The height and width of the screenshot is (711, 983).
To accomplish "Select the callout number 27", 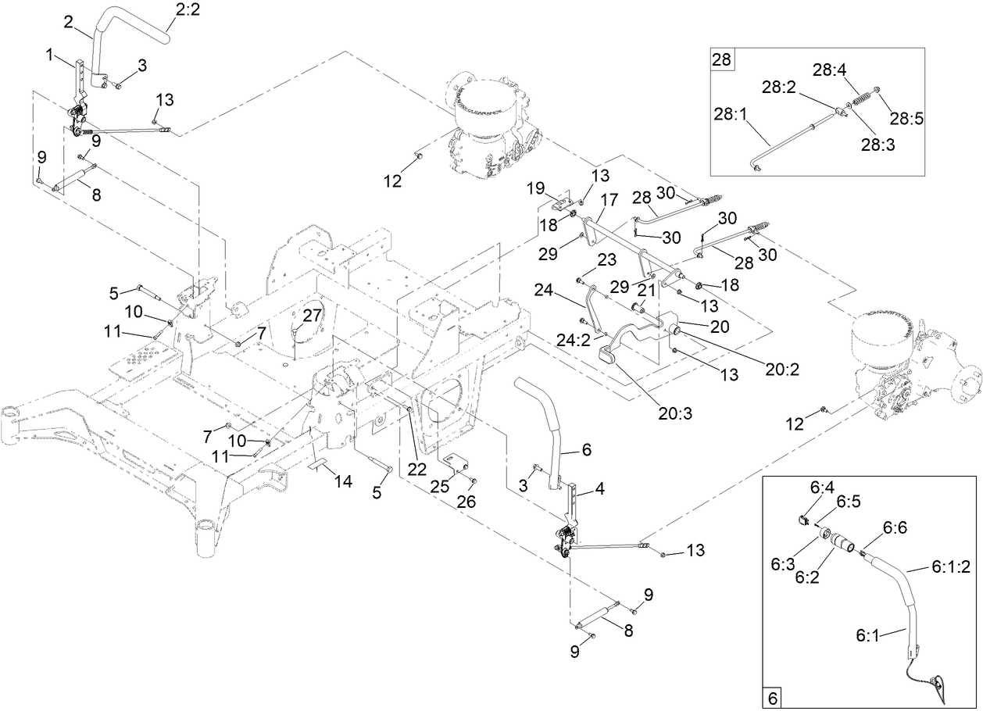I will click(313, 315).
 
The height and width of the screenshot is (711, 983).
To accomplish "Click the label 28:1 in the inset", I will click(730, 114).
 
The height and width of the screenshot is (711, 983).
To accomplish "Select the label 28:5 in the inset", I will click(906, 119).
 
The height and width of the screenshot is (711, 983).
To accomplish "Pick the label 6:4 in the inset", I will click(824, 487).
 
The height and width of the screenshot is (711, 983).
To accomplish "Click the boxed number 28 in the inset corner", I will click(720, 59).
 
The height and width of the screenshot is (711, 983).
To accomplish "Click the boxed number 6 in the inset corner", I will click(771, 697).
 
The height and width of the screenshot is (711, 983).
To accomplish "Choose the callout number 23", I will click(607, 259).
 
